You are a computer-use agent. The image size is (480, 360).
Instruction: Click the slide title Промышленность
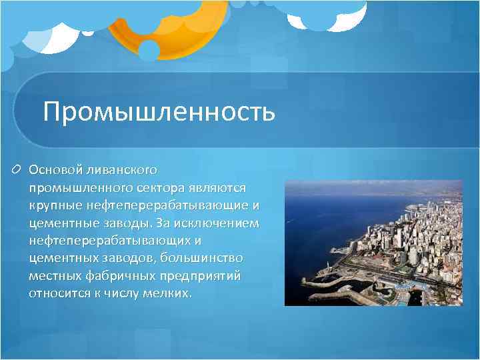159,112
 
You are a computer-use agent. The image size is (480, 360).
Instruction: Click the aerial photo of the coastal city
373,243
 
